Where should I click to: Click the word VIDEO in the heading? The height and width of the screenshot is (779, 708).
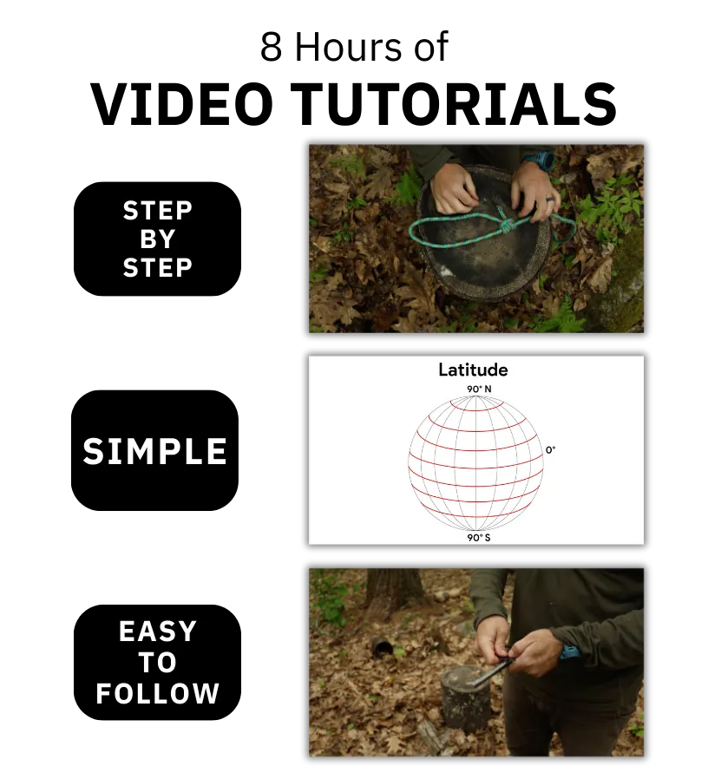point(182,104)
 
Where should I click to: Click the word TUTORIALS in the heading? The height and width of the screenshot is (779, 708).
point(454,104)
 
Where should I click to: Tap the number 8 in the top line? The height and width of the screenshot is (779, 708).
point(272,47)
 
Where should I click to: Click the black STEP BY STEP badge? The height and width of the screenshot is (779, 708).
point(157,239)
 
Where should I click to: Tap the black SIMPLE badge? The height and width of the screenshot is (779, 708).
point(154,450)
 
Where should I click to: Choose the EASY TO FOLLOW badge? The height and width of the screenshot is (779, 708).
point(157,662)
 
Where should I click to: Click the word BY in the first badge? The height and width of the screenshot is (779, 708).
point(158,239)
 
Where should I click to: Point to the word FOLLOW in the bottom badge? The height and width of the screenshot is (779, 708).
point(158,693)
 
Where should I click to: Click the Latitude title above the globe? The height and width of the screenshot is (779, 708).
point(473,370)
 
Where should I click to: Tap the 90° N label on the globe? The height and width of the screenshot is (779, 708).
point(479,389)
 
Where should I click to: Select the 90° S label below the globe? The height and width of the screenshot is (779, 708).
point(478,538)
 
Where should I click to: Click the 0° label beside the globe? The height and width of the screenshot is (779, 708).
point(550,450)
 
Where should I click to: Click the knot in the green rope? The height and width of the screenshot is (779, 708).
point(502,226)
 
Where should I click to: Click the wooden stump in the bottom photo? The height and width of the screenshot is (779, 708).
point(466,698)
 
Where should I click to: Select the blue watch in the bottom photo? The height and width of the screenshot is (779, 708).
point(570,651)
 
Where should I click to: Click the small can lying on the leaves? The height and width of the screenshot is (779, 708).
point(383,645)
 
